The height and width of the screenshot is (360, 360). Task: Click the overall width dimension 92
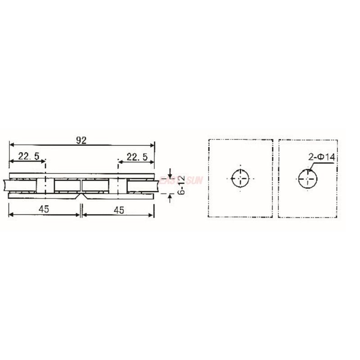coord(81,140)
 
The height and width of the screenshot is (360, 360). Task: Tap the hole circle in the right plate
coord(308,179)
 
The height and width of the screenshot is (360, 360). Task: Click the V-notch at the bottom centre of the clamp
coord(81,197)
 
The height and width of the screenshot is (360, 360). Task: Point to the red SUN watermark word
coord(194,180)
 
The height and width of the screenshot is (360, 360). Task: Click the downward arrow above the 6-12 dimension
coord(170,174)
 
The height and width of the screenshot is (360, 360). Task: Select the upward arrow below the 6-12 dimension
coord(170,197)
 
